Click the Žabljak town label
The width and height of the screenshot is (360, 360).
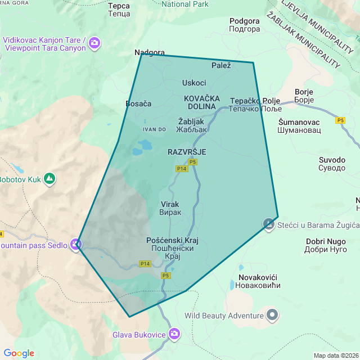pos(192,125)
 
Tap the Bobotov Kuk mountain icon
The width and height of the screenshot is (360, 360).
pos(50,178)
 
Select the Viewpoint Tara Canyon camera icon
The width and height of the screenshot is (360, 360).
pos(95,43)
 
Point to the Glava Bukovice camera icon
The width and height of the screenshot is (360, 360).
pos(174,334)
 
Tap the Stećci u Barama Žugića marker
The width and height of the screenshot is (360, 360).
pos(269,224)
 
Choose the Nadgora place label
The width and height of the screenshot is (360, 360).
pos(149,53)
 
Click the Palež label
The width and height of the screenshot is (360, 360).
pos(221,66)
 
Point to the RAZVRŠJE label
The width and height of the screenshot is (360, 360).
pos(187,152)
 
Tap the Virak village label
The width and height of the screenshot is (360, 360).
pos(171,208)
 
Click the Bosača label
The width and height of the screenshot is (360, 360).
pos(138,103)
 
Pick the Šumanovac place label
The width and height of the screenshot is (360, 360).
pos(299,125)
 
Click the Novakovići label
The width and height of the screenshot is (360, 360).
pos(259,281)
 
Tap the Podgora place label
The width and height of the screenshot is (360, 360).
pos(245,25)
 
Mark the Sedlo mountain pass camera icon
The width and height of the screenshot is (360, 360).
pos(76,245)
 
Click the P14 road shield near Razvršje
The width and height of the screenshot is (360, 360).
pos(181,168)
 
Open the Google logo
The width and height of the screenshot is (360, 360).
pos(19,353)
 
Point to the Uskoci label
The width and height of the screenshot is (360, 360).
pos(194,83)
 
